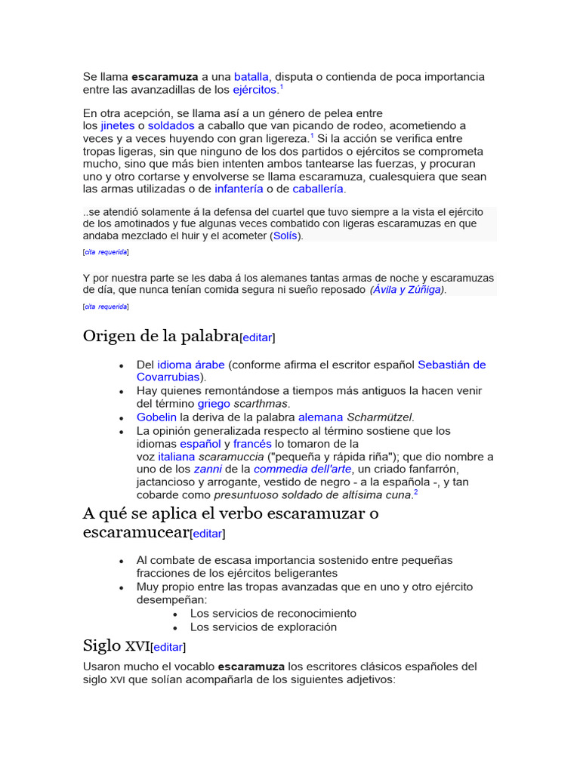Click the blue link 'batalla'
251,76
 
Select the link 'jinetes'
118,125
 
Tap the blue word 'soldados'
171,125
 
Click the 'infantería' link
239,189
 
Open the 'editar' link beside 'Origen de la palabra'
257,337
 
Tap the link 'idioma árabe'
191,365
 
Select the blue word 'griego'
214,404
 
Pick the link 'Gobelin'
156,417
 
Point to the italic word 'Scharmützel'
380,417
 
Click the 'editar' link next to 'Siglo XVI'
168,647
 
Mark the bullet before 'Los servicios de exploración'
175,627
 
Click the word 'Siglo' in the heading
102,645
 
